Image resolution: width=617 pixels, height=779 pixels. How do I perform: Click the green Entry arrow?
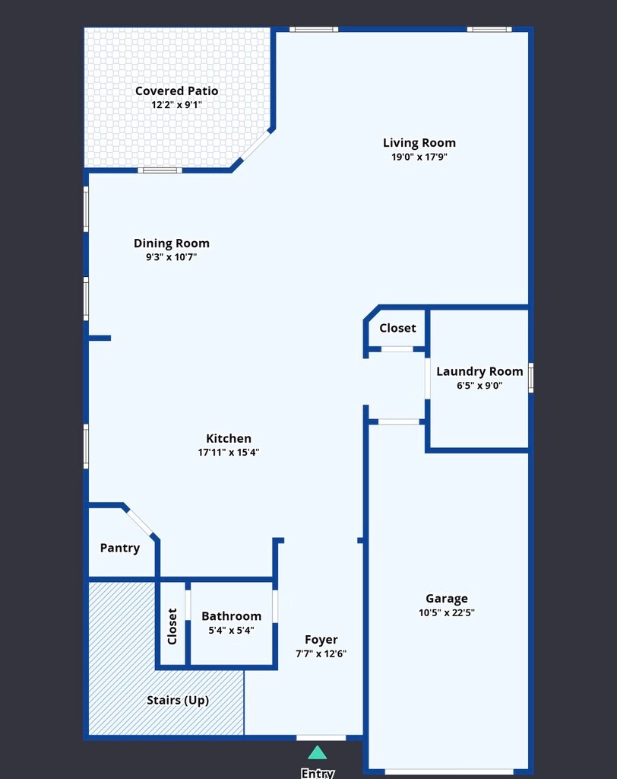317,753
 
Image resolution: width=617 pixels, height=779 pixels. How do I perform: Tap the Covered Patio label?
177,91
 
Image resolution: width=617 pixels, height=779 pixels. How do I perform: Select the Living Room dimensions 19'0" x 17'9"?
419,157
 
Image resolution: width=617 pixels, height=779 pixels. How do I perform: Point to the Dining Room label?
171,243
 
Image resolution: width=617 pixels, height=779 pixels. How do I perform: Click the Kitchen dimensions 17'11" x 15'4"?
228,452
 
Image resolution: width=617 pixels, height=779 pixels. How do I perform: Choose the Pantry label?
119,548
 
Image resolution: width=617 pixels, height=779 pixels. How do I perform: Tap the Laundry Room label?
479,371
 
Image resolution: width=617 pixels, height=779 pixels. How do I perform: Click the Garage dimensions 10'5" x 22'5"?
446,612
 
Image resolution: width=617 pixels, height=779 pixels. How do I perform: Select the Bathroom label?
231,616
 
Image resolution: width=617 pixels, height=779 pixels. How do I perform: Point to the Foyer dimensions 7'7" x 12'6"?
321,653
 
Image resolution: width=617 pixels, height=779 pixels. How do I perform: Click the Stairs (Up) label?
178,700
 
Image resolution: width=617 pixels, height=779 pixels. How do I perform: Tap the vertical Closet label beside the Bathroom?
172,627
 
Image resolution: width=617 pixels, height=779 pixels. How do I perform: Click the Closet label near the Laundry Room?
397,328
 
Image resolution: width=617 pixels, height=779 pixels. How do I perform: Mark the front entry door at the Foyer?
321,738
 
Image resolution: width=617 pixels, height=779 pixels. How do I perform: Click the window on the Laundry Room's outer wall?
530,377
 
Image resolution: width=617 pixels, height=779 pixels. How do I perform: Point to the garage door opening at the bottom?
449,771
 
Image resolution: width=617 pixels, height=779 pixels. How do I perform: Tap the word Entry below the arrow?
317,773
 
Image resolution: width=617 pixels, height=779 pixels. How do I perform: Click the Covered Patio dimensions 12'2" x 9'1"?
177,105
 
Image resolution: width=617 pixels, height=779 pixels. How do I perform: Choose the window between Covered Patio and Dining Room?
160,170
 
